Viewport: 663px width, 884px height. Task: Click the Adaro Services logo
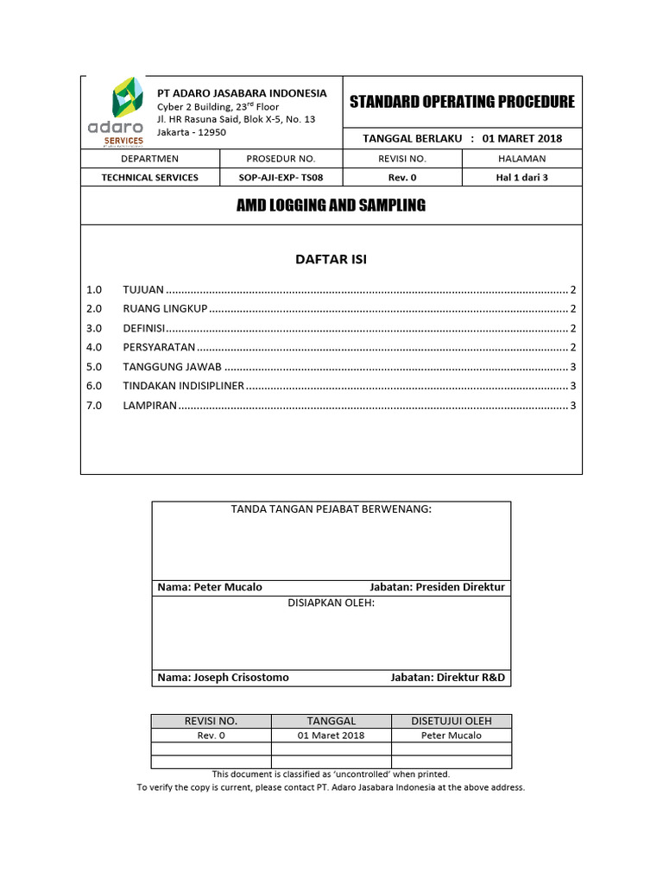116,112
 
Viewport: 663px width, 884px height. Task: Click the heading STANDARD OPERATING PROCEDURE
462,102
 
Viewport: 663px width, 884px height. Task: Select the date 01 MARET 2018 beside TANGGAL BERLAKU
521,138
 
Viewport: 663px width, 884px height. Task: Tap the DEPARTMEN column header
149,159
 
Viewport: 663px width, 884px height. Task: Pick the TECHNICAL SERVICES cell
149,178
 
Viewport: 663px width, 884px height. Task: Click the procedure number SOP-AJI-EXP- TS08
281,178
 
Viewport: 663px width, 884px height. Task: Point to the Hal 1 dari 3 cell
521,178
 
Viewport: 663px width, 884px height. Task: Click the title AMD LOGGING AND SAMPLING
331,205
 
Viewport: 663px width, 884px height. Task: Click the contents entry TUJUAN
143,289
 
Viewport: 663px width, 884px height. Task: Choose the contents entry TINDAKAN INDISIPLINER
184,386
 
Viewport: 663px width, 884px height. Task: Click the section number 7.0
94,406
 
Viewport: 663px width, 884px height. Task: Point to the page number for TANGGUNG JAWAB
573,367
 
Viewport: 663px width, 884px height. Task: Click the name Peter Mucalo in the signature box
228,587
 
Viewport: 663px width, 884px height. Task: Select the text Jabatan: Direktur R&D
447,678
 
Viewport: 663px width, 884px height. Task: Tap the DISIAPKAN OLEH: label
331,603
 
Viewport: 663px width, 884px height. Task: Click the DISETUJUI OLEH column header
451,721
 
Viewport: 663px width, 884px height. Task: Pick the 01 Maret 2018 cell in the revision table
331,736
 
